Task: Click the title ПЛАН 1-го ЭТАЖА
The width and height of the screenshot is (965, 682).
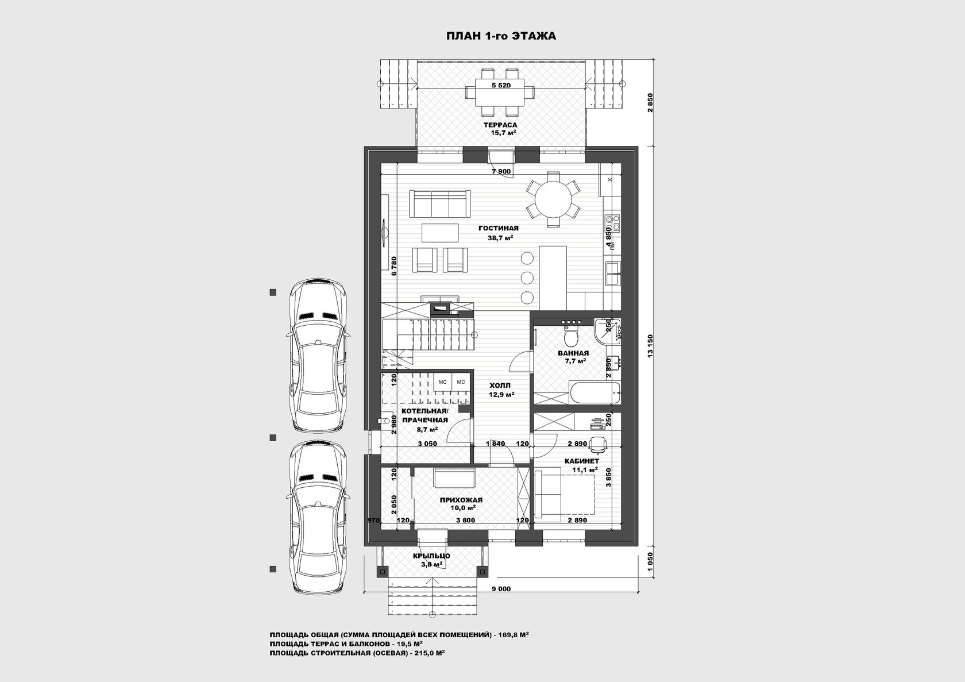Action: coord(501,36)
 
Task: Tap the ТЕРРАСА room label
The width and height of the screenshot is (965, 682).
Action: coord(500,125)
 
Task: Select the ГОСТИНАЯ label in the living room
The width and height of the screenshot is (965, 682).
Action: coord(499,228)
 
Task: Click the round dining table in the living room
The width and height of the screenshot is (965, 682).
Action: coord(554,199)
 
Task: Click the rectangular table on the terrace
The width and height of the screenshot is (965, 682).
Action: coord(500,92)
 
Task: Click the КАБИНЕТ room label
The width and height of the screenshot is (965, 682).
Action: coord(581,461)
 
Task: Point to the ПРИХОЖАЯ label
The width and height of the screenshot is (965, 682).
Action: coord(461,500)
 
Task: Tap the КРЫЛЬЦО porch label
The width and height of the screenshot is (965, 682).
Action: coord(431,556)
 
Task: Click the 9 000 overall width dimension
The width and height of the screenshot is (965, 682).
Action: coord(501,588)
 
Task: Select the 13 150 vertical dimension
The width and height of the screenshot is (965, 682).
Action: coord(650,346)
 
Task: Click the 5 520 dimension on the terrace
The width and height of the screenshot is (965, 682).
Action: coord(501,85)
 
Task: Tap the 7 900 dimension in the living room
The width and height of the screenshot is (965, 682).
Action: coord(501,171)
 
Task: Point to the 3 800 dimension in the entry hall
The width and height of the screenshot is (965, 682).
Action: coord(466,520)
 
